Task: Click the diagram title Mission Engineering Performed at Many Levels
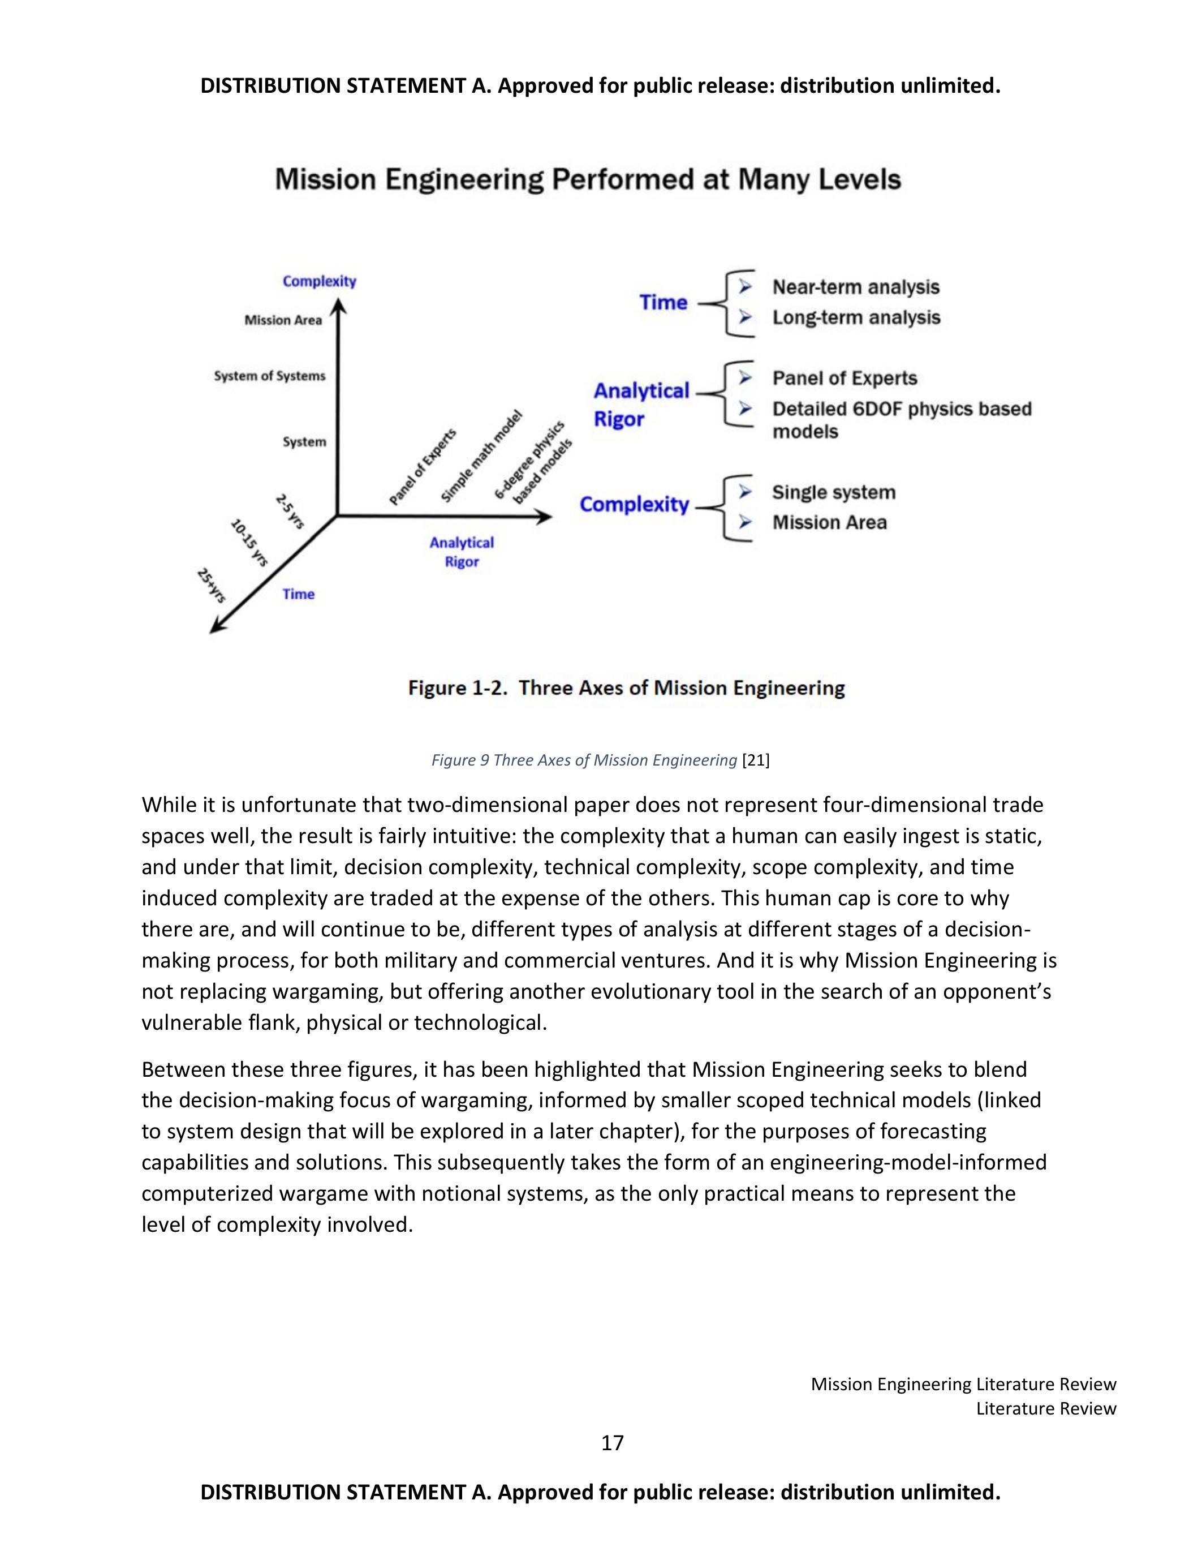(588, 179)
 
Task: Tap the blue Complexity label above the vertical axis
(319, 281)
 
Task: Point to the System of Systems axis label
(269, 376)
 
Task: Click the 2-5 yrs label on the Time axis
(290, 511)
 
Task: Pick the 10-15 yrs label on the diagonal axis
(249, 543)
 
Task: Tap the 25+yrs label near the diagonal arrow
(212, 586)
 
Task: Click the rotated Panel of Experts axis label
(423, 467)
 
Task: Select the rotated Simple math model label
(481, 457)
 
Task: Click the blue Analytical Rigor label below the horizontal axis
(462, 552)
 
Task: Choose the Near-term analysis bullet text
(855, 287)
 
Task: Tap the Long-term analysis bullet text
(856, 318)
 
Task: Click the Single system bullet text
(833, 492)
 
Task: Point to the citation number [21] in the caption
(756, 760)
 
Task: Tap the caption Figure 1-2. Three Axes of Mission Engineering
(626, 688)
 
